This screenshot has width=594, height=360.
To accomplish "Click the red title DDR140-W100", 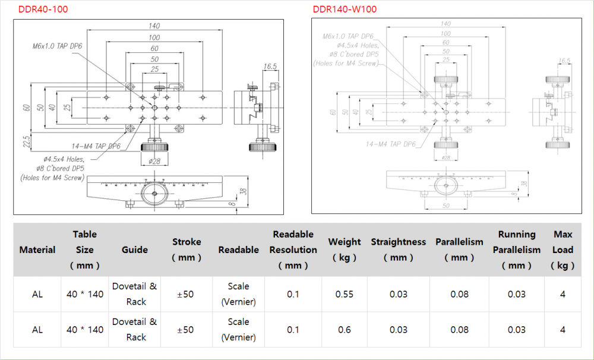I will point(345,10).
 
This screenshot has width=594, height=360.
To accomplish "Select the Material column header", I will point(37,250).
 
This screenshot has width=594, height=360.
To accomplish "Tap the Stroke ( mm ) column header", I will point(187,250).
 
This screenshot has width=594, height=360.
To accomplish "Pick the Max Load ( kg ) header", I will point(563,250).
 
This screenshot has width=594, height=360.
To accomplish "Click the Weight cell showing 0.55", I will point(345,294).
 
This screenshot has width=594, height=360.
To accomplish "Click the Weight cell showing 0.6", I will point(345,330).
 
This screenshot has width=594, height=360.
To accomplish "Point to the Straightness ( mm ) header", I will point(398,250).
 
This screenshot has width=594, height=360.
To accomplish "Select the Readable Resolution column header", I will point(293,250).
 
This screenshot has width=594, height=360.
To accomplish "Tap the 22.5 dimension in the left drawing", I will point(26,142).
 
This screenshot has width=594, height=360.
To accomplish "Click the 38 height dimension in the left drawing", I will point(242,191).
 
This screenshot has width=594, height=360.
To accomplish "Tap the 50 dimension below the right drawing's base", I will point(445,206).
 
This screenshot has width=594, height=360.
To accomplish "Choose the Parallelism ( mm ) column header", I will point(459,250).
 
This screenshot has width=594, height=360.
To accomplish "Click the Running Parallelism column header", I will point(516,250).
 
